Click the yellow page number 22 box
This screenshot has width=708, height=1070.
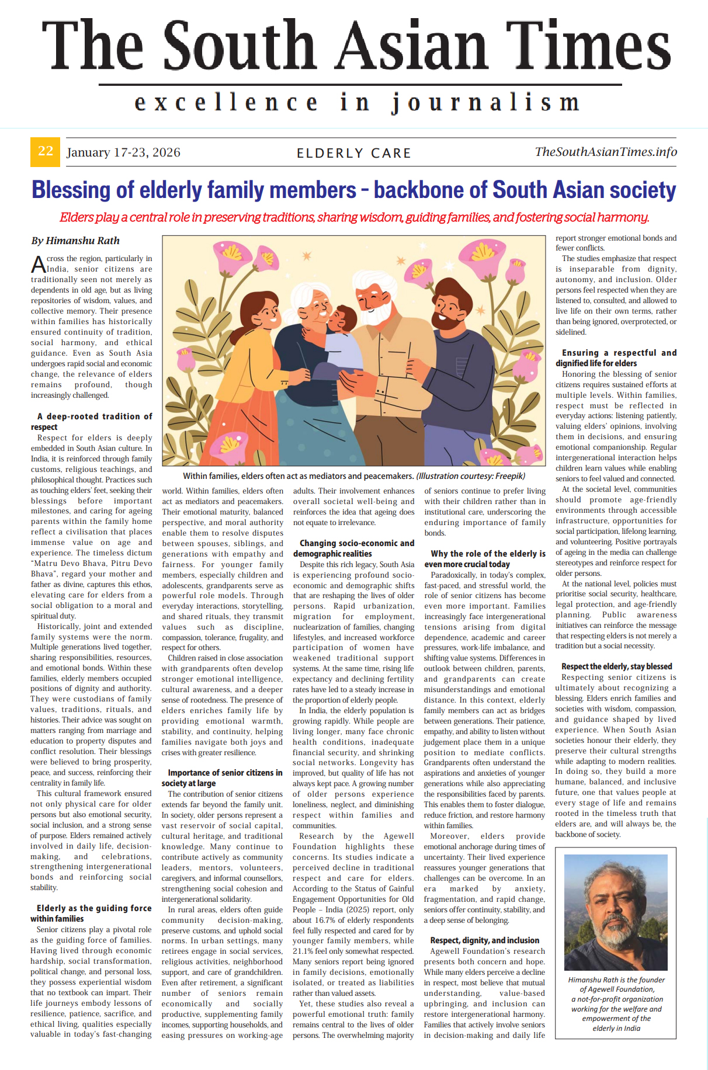point(45,152)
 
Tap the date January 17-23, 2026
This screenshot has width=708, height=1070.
point(123,152)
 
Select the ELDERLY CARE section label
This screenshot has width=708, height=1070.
point(354,153)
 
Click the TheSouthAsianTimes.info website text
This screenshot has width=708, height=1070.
point(606,152)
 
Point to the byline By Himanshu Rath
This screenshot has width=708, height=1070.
point(75,241)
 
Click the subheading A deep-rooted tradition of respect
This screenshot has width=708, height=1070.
point(91,421)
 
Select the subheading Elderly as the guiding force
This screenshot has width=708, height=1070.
point(91,913)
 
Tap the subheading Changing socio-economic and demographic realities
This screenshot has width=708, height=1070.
point(354,548)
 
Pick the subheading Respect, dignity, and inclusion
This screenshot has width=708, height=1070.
point(485,940)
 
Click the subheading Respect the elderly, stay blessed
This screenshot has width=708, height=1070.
point(616,666)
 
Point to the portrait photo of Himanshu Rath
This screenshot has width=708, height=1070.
point(616,911)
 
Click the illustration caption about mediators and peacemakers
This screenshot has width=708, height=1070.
point(354,476)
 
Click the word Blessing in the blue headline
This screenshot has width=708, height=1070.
point(70,190)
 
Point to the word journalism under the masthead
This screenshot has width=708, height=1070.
point(485,103)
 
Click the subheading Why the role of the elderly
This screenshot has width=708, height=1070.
point(485,558)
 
